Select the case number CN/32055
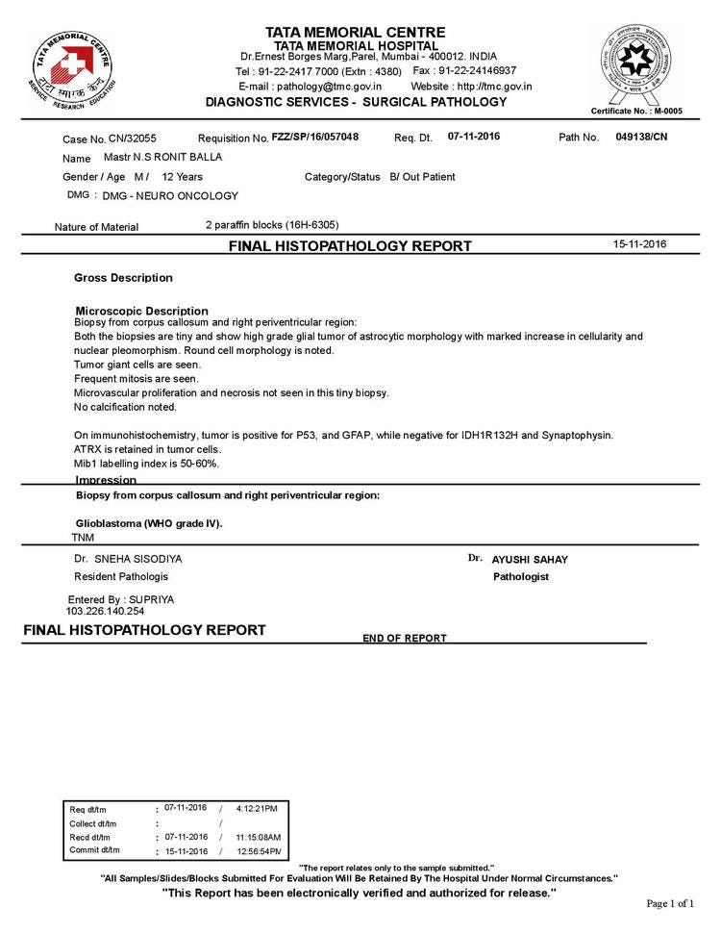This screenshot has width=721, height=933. (x=132, y=139)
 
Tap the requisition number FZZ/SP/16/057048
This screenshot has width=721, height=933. (x=315, y=138)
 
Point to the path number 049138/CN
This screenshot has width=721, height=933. (x=641, y=137)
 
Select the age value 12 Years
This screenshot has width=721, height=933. (x=183, y=177)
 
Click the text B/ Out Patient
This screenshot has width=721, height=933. (x=422, y=177)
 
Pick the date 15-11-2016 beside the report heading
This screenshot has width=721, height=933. (x=639, y=244)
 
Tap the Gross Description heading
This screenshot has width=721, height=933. (x=123, y=278)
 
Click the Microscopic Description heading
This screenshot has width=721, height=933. (x=141, y=311)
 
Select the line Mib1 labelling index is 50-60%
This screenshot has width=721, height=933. (x=147, y=464)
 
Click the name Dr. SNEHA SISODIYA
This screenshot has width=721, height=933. (x=128, y=559)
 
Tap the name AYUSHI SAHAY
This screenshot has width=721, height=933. (x=530, y=560)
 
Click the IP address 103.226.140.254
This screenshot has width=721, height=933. (x=105, y=611)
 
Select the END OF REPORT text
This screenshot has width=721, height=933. (x=405, y=638)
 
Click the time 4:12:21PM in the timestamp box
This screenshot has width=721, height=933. (x=256, y=808)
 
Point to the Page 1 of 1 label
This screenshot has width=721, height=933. (x=669, y=903)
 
